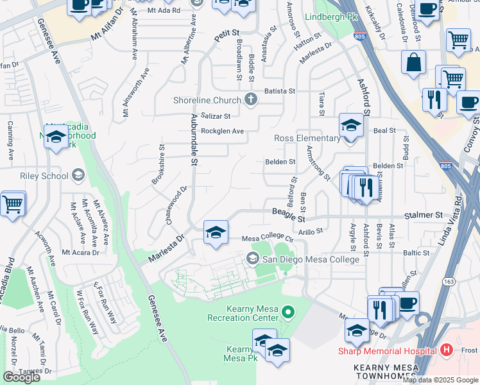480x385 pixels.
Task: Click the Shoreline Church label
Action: [x=207, y=99]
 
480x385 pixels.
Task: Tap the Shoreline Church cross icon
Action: [x=250, y=99]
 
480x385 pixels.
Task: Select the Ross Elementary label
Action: [x=307, y=138]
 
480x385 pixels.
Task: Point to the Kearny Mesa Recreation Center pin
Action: [x=289, y=313]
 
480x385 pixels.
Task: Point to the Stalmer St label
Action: [x=423, y=216]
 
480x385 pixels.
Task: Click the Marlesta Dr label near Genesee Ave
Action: [x=166, y=248]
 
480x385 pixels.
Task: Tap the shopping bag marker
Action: [x=414, y=63]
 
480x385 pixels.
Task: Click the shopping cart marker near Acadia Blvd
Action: [x=13, y=204]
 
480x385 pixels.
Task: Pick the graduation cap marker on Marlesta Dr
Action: [x=216, y=232]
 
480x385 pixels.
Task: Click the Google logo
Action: [x=21, y=377]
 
